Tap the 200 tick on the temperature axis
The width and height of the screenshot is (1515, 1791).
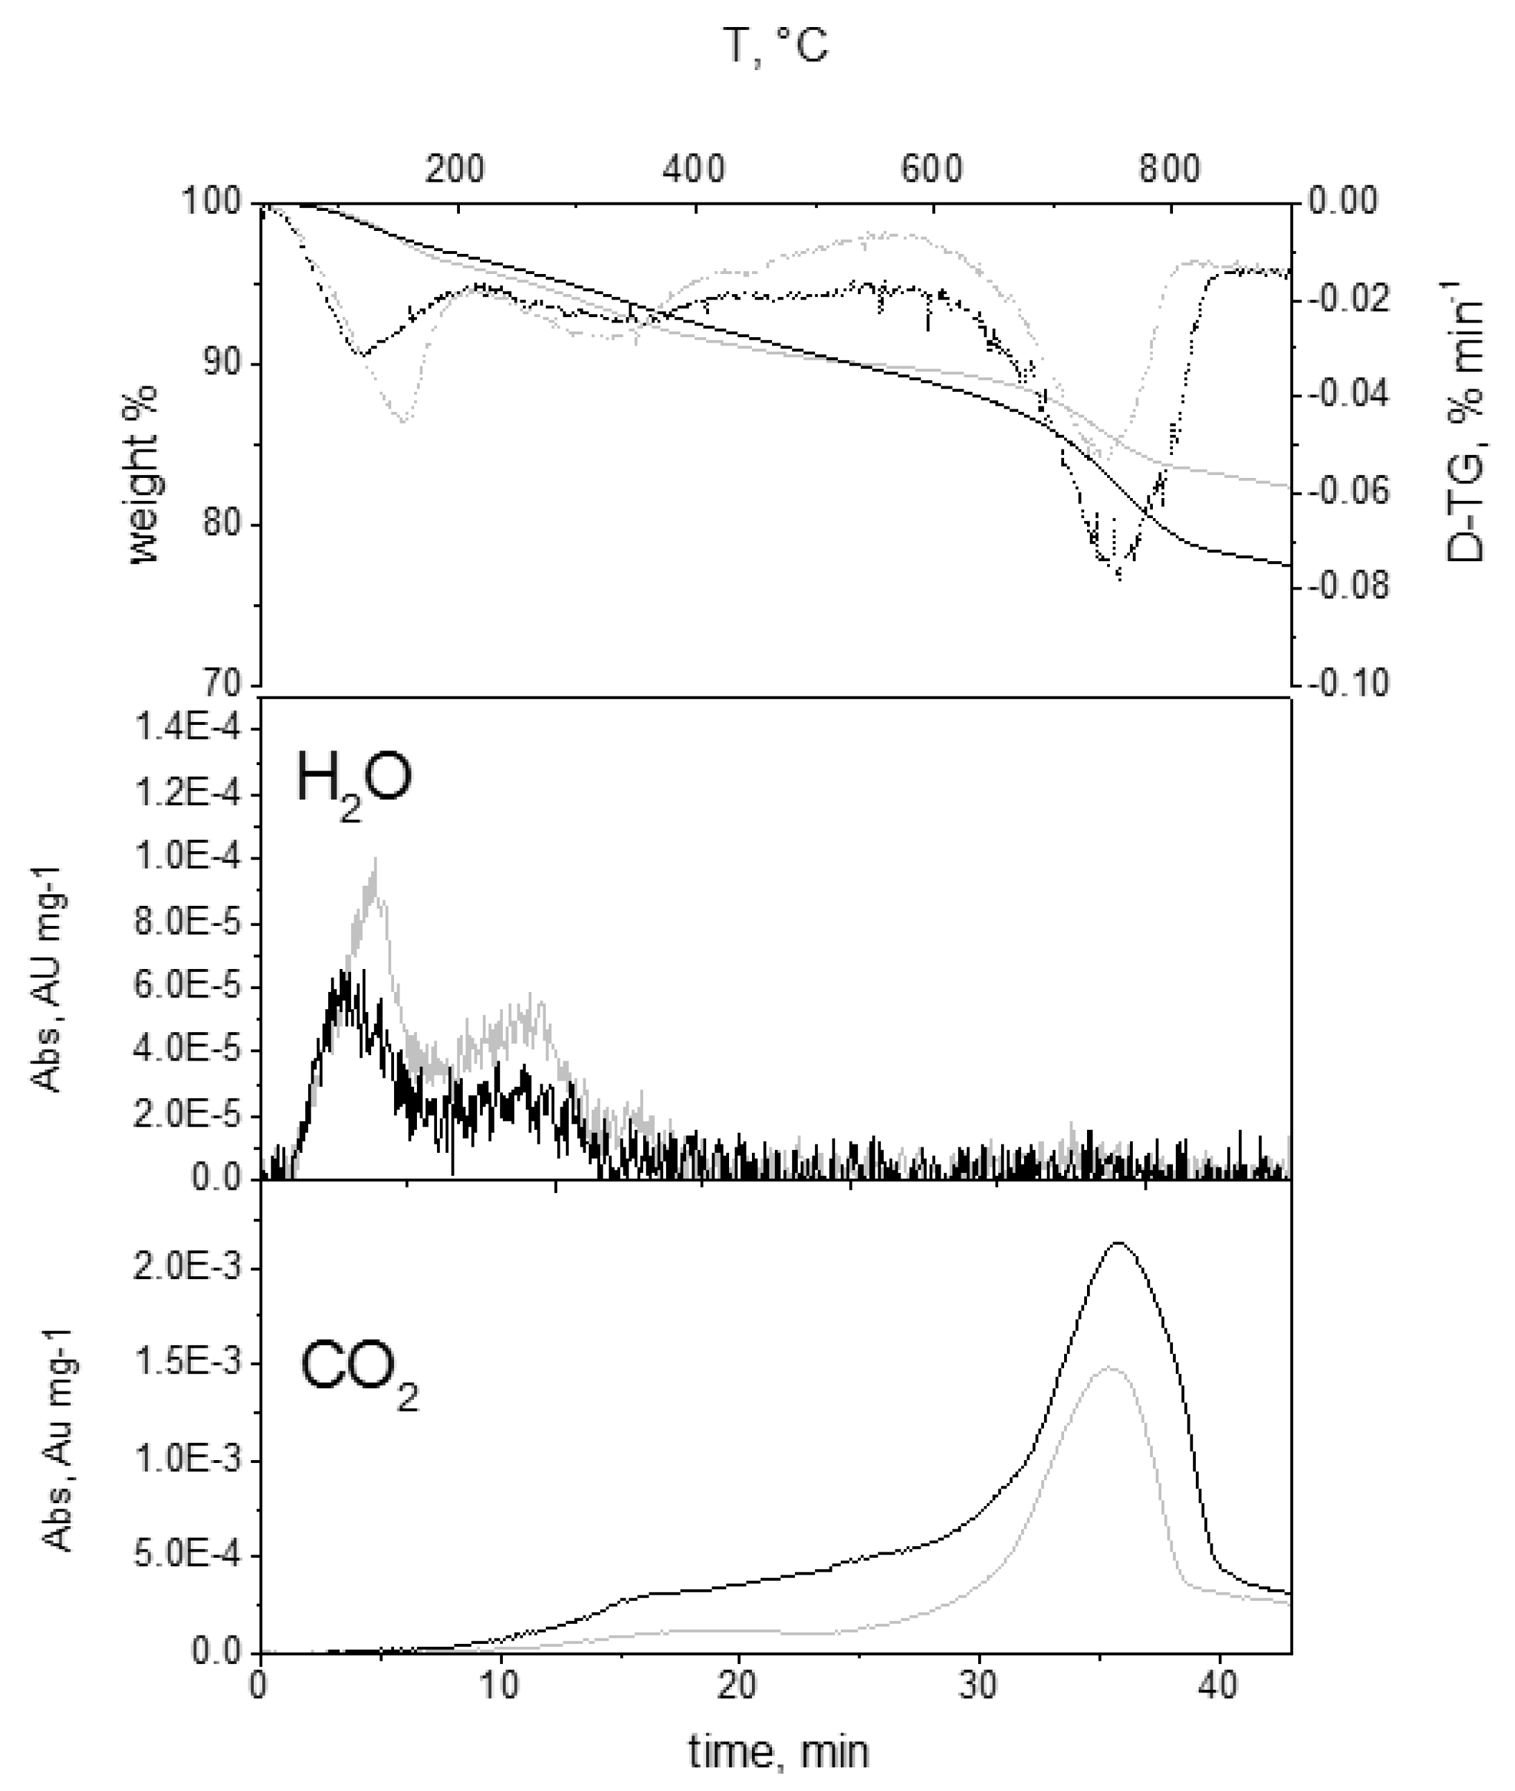tap(455, 169)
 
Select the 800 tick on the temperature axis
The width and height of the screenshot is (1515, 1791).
tap(1170, 169)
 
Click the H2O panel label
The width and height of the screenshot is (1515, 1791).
tap(354, 780)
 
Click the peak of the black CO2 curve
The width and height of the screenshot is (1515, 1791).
tap(1118, 1242)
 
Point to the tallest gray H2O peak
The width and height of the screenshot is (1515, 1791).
tap(375, 859)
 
